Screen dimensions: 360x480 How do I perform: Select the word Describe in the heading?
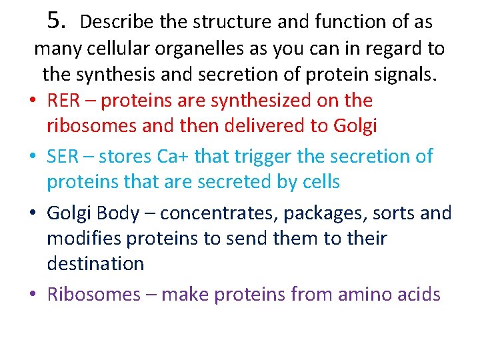point(117,22)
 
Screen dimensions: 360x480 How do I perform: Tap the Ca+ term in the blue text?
point(175,157)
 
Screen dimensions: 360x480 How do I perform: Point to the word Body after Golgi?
point(121,213)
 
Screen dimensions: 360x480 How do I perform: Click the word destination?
point(95,263)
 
